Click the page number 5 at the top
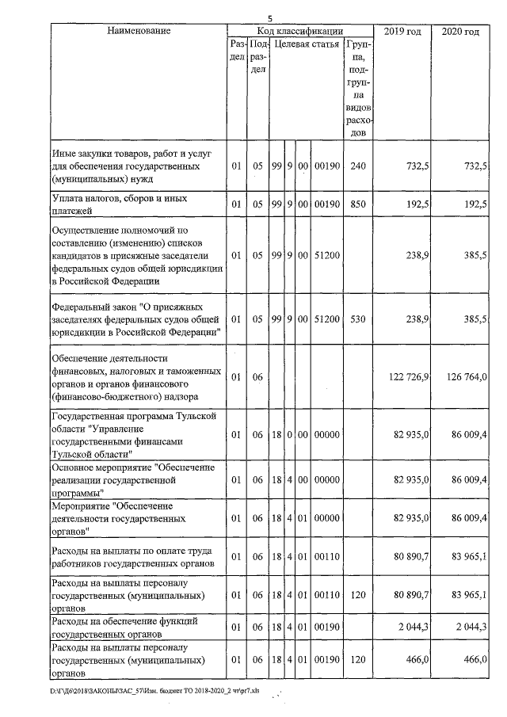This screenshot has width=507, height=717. coord(269,17)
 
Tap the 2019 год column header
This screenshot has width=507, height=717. coord(402,31)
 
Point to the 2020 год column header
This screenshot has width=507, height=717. coord(459,31)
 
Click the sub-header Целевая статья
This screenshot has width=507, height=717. coord(307,44)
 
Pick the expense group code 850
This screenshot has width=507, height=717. coord(358,204)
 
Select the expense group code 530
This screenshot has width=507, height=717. coord(358,318)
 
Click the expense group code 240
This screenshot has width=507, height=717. coord(358,166)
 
